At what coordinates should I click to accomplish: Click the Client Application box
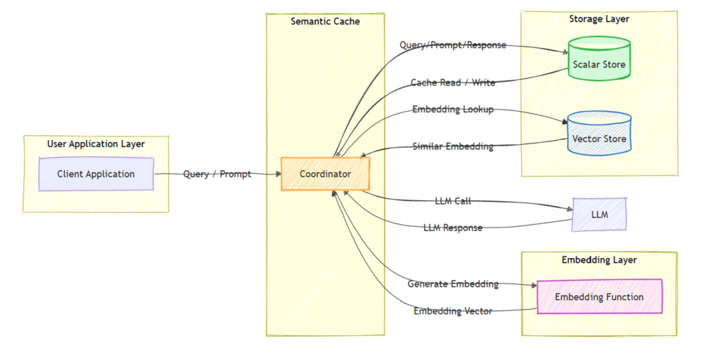96,174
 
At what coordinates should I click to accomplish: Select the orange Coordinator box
325,174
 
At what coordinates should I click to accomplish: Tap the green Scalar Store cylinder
598,65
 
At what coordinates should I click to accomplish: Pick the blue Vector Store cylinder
598,139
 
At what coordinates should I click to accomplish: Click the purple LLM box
599,214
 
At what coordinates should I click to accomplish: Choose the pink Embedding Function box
598,297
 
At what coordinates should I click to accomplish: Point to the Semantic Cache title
325,21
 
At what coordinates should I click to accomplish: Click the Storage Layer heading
598,19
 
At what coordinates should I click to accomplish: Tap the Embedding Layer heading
598,260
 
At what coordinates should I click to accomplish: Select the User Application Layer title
96,144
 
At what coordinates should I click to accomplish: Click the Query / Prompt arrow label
217,174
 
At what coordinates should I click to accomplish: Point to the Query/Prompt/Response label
453,46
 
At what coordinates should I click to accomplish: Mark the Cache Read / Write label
453,83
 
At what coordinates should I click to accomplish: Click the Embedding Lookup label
453,110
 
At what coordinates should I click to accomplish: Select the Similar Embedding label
453,146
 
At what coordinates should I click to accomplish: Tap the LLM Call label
453,201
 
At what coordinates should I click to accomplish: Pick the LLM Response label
453,228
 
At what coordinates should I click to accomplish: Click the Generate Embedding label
453,284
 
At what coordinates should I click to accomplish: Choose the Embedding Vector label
453,312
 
